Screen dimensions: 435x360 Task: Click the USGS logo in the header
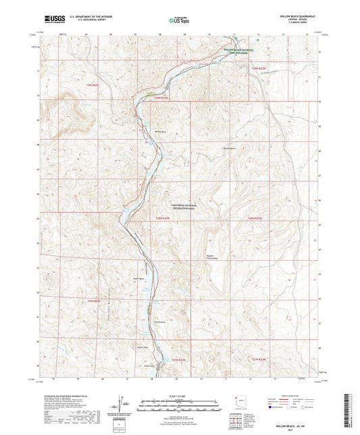click(x=53, y=17)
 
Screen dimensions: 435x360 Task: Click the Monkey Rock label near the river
click(x=141, y=131)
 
